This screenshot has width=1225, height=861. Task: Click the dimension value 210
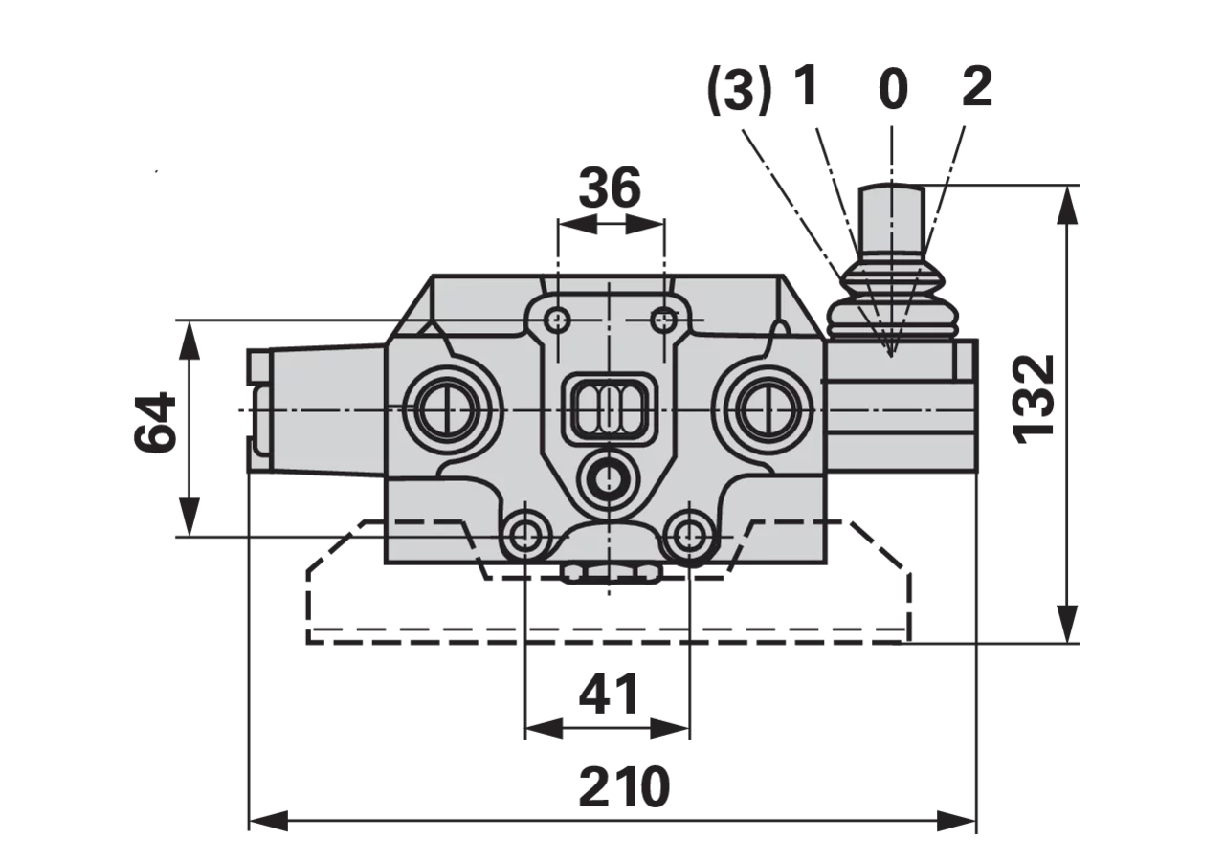624,786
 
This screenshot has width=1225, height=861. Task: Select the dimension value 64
155,422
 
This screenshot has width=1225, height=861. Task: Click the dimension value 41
608,694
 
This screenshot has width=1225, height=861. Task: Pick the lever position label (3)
740,90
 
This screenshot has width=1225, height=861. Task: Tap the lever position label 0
893,90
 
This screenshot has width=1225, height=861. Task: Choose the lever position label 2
977,86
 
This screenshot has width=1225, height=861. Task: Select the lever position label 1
806,86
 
